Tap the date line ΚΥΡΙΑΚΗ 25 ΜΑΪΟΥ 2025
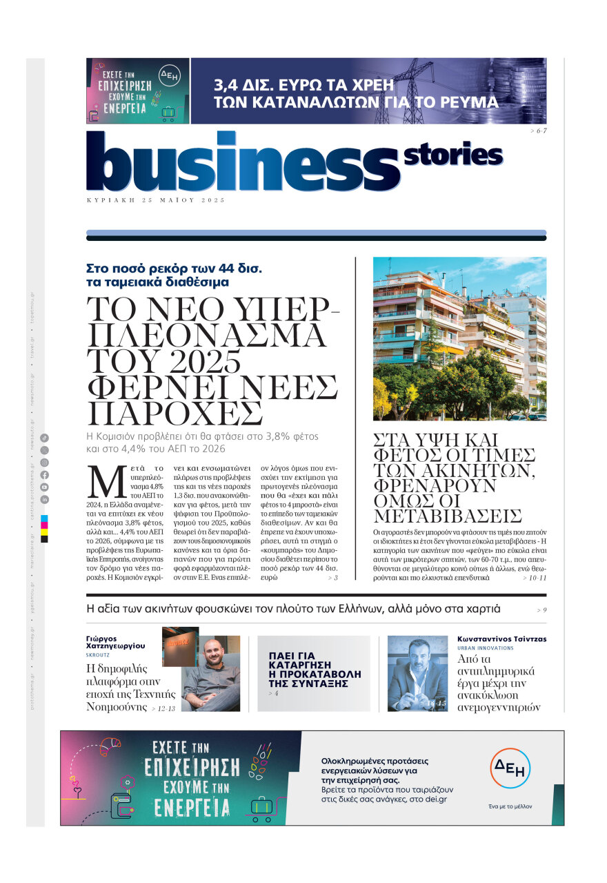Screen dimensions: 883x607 point(156,200)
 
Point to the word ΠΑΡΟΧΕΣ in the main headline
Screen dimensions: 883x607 point(176,413)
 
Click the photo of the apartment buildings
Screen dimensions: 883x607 point(459,338)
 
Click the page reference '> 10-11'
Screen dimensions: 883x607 point(534,577)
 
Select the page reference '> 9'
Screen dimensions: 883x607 point(541,610)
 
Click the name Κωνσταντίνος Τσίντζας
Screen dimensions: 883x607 point(501,639)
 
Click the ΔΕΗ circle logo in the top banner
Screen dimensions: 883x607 point(169,75)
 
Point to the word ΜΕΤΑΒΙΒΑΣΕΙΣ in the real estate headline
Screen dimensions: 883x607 point(448,516)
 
